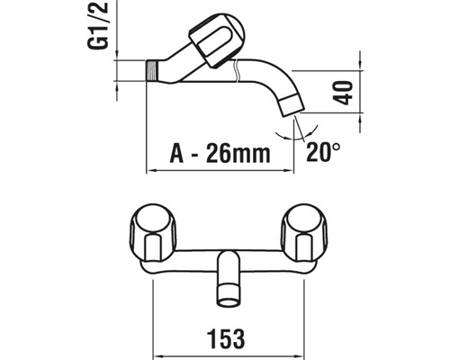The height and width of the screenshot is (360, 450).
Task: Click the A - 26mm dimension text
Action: click(x=220, y=153)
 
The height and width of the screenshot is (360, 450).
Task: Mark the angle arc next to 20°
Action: click(x=287, y=130)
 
